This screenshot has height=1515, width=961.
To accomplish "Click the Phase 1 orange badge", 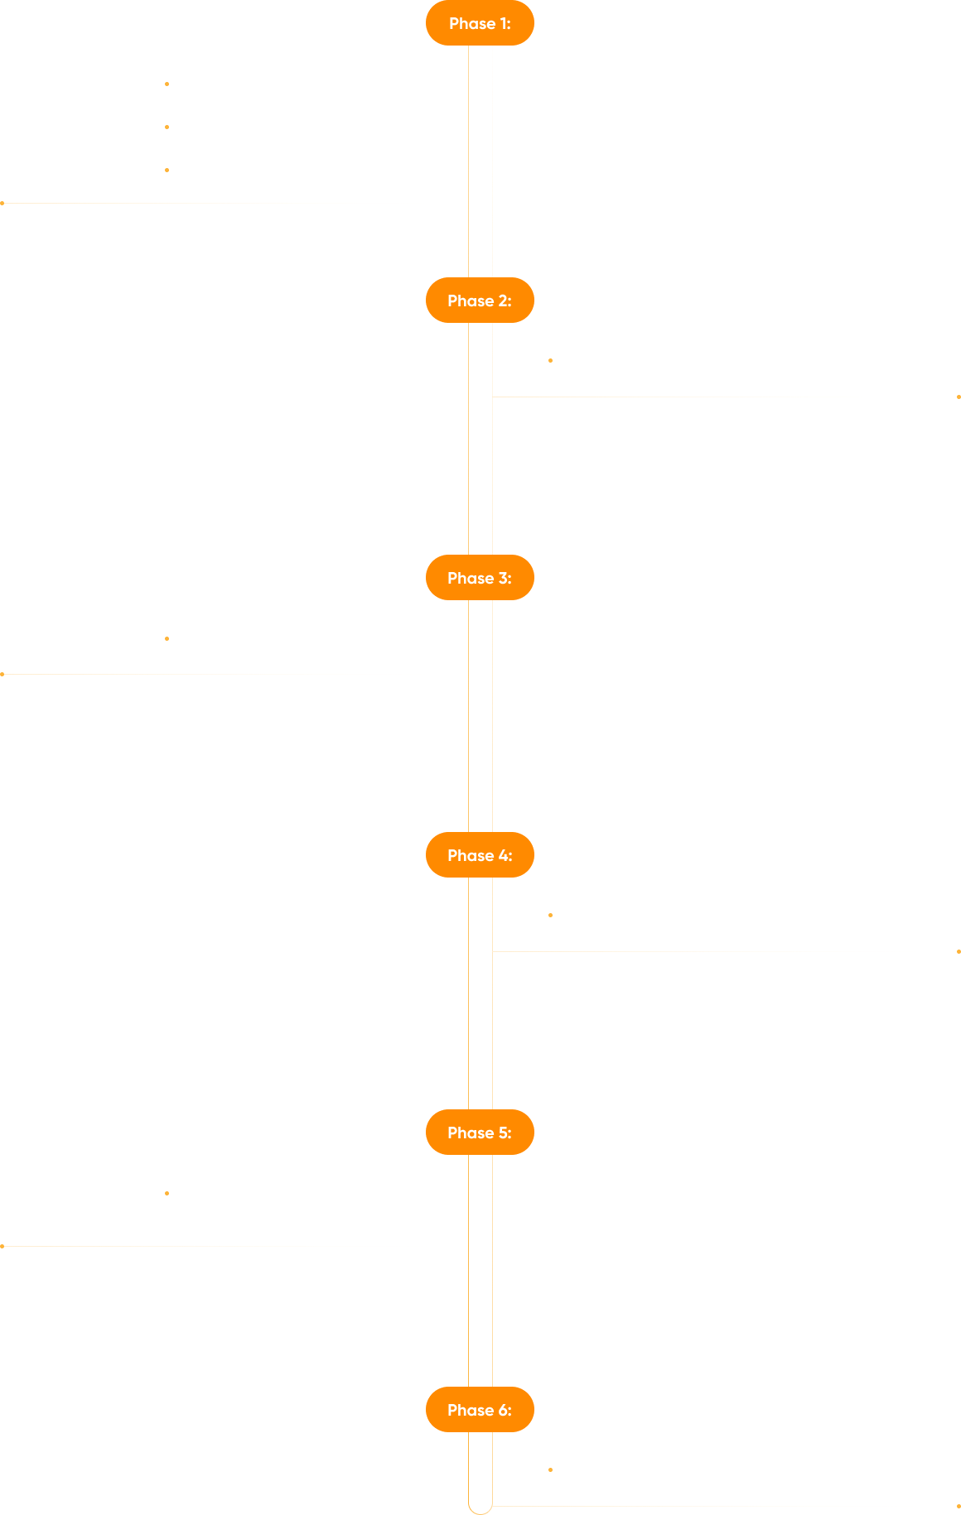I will point(480,23).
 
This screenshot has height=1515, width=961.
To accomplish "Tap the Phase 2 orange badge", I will point(480,301).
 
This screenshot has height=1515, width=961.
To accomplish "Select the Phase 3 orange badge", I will point(480,578).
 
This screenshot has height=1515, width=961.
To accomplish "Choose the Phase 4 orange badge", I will point(480,855).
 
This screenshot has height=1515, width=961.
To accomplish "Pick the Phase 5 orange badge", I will point(480,1133).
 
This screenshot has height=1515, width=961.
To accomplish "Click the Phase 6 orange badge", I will point(480,1410).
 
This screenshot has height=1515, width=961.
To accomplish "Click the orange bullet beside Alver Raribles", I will point(167,170).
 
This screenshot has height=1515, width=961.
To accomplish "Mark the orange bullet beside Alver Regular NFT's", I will point(167,127).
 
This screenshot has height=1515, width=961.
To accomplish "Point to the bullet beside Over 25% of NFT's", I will point(551,361).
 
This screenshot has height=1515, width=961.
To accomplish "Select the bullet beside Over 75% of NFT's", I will point(167,638).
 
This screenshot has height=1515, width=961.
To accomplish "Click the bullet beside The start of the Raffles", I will point(167,1194).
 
